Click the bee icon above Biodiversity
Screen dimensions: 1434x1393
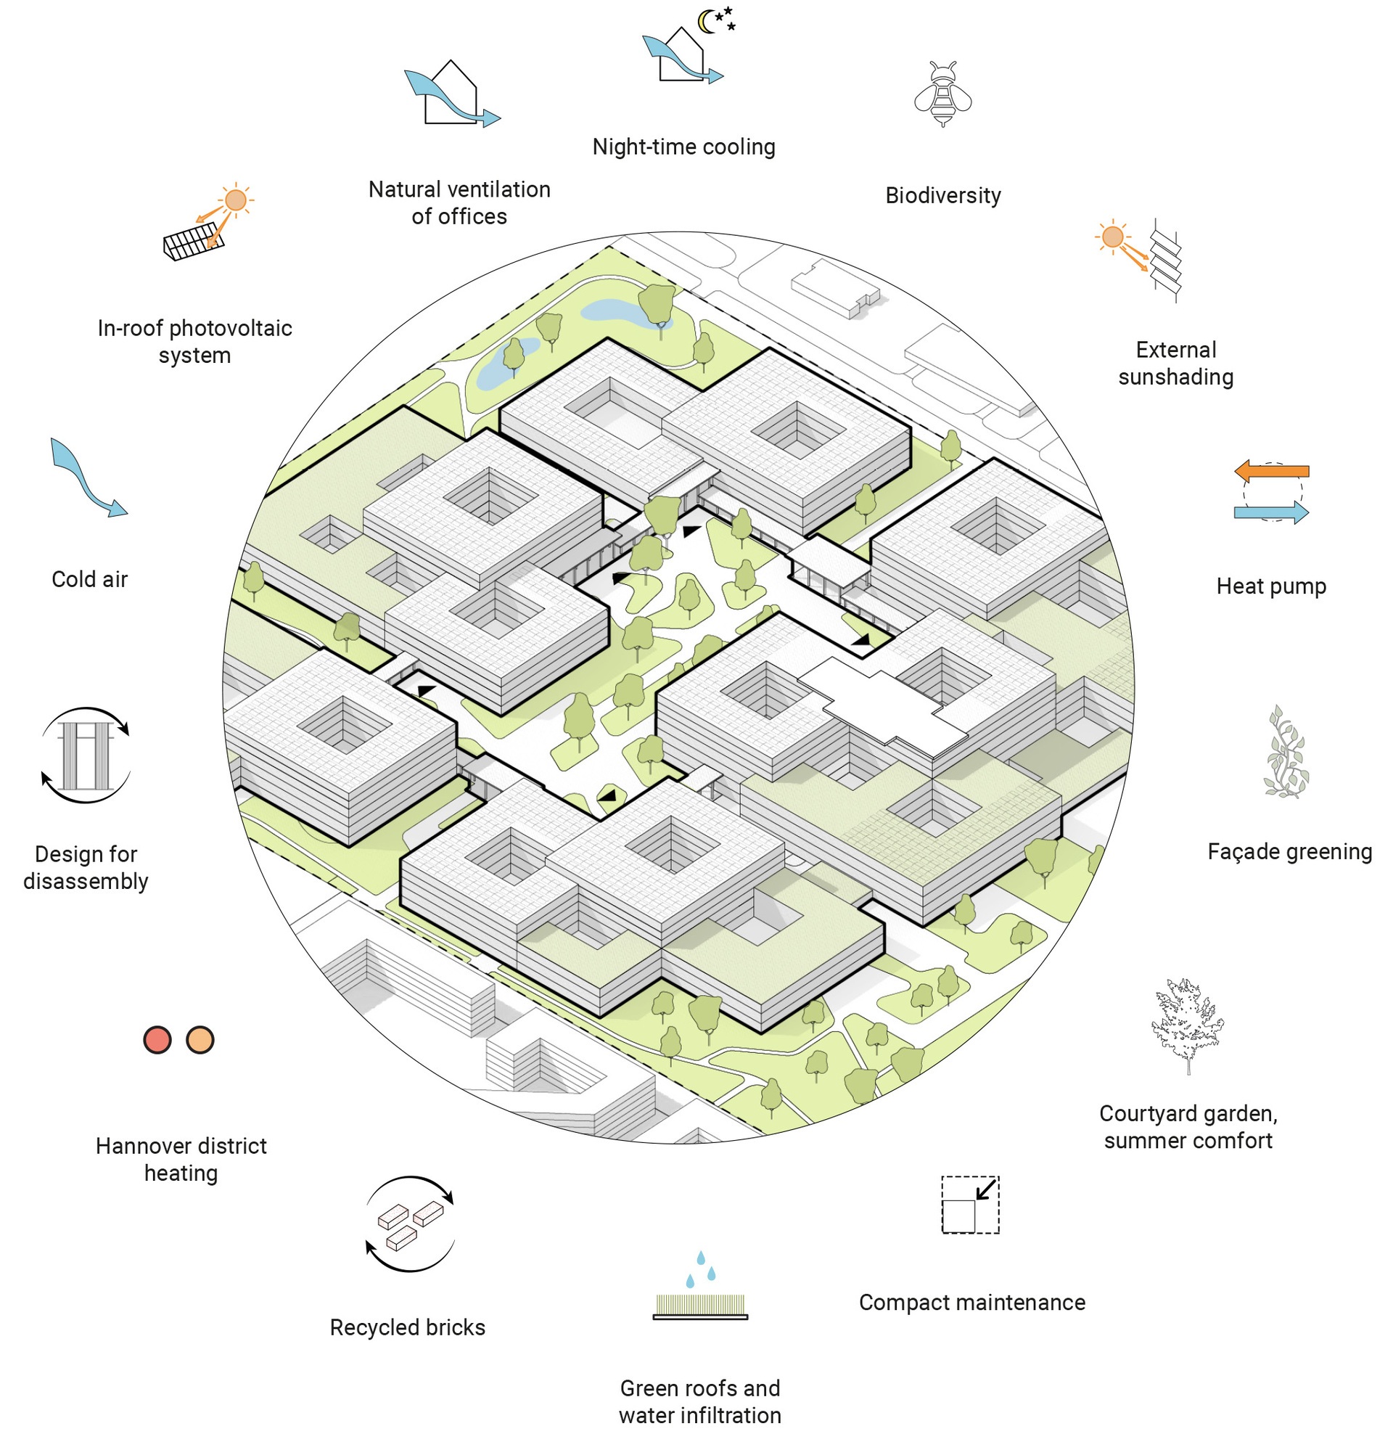pyautogui.click(x=942, y=95)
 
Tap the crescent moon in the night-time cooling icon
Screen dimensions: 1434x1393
pyautogui.click(x=705, y=22)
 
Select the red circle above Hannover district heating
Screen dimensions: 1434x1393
pyautogui.click(x=157, y=1040)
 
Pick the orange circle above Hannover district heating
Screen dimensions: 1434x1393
pyautogui.click(x=200, y=1040)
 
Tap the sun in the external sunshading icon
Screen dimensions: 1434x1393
pyautogui.click(x=1112, y=237)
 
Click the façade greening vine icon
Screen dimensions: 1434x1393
pyautogui.click(x=1286, y=753)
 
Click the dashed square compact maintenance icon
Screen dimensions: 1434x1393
pyautogui.click(x=969, y=1205)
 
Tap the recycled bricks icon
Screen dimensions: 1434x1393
pyautogui.click(x=410, y=1224)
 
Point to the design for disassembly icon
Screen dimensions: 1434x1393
pyautogui.click(x=86, y=755)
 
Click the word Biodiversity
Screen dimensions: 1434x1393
pyautogui.click(x=942, y=196)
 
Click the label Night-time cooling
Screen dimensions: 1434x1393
pyautogui.click(x=683, y=147)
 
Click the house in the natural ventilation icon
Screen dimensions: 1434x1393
pyautogui.click(x=451, y=95)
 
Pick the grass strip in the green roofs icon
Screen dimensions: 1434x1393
pyautogui.click(x=700, y=1305)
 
